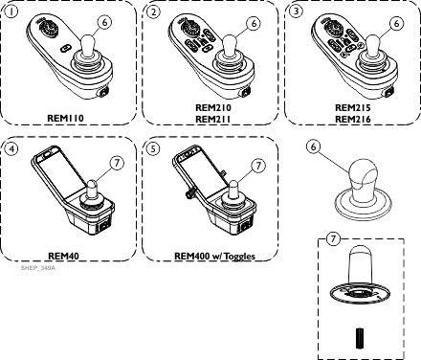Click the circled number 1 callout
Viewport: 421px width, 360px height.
[x=11, y=11]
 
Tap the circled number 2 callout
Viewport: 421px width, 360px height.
[x=154, y=11]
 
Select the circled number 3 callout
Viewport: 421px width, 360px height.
[x=297, y=11]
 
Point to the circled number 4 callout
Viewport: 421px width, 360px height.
[x=11, y=148]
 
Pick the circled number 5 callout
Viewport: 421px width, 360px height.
[x=154, y=148]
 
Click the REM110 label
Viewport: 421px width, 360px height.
[x=65, y=118]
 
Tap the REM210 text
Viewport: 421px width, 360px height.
[x=213, y=107]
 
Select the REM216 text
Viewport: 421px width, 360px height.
[x=353, y=119]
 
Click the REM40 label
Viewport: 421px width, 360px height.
[x=63, y=256]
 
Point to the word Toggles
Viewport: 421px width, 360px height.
[x=239, y=257]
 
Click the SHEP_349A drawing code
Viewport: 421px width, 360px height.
[x=38, y=268]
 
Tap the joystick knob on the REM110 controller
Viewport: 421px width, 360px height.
[x=87, y=45]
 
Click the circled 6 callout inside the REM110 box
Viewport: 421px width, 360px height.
[x=105, y=22]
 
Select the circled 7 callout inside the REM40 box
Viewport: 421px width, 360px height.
[x=117, y=163]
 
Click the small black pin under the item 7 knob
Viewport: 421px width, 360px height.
[x=360, y=338]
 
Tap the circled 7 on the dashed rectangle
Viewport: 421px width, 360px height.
[x=333, y=238]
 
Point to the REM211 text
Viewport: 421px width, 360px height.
[x=213, y=119]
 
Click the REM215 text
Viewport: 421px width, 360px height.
[x=353, y=107]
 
